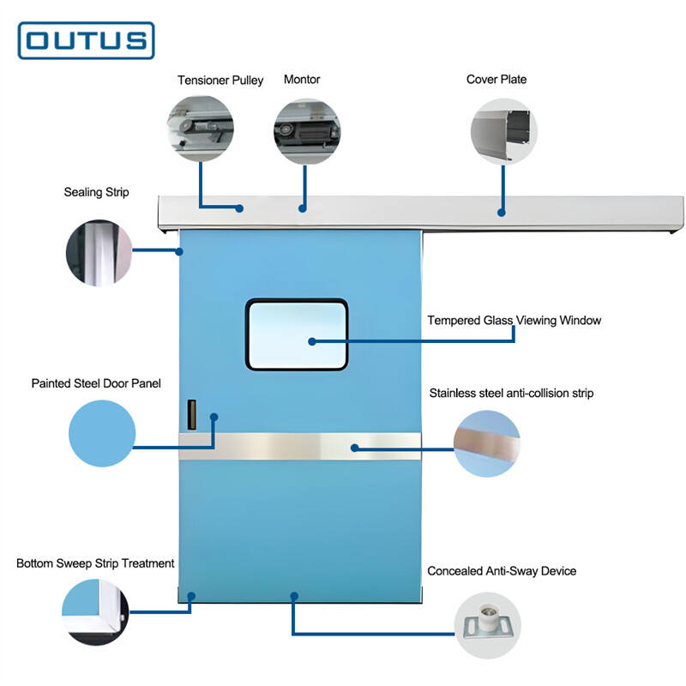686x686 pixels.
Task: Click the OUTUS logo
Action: pyautogui.click(x=86, y=40)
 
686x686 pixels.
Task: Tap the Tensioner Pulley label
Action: pyautogui.click(x=220, y=81)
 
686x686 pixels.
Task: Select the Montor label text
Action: pyautogui.click(x=302, y=80)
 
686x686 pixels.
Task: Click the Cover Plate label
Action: pyautogui.click(x=496, y=80)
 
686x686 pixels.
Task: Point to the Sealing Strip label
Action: pyautogui.click(x=96, y=192)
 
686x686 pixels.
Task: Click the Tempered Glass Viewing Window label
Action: pyautogui.click(x=514, y=321)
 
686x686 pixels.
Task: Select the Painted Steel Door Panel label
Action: pyautogui.click(x=96, y=383)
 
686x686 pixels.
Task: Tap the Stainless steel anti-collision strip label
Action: pyautogui.click(x=511, y=394)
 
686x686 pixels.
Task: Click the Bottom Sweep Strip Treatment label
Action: pyautogui.click(x=95, y=563)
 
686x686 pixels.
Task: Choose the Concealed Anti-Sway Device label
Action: pyautogui.click(x=502, y=571)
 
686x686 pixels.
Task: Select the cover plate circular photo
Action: pyautogui.click(x=504, y=132)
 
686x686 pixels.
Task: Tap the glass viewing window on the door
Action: pyautogui.click(x=297, y=334)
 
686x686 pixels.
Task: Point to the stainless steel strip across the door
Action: pyautogui.click(x=299, y=446)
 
